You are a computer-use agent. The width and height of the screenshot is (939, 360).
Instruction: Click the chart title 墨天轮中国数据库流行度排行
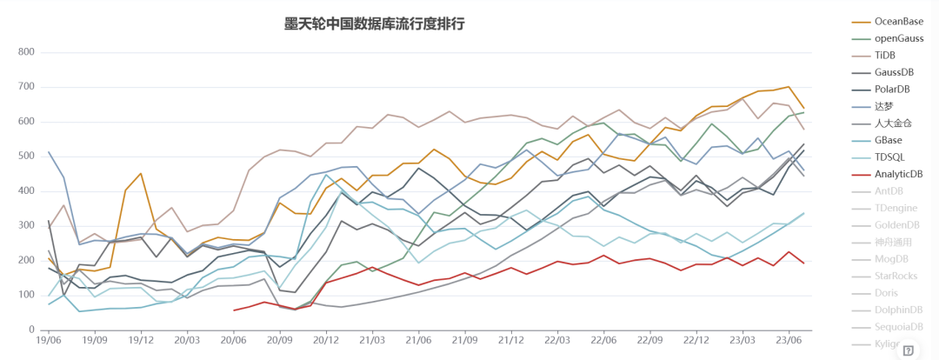pyautogui.click(x=376, y=23)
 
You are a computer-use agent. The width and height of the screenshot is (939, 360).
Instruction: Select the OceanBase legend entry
pyautogui.click(x=897, y=22)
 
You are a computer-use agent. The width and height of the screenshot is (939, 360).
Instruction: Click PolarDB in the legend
pyautogui.click(x=893, y=89)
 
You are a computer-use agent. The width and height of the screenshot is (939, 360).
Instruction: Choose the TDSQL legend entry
pyautogui.click(x=889, y=157)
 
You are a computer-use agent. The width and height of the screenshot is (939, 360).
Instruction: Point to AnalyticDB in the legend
pyautogui.click(x=898, y=174)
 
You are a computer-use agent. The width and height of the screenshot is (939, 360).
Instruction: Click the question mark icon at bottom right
pyautogui.click(x=908, y=350)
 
